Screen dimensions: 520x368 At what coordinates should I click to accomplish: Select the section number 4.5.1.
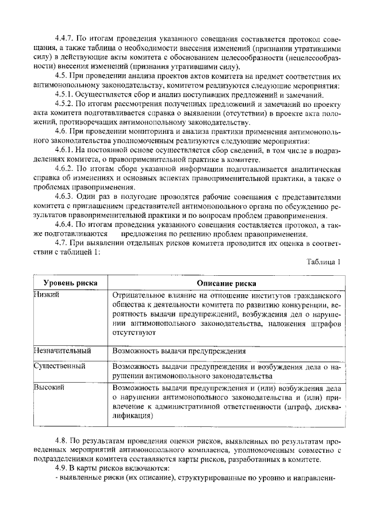point(59,95)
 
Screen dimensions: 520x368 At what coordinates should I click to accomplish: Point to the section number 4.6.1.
point(59,150)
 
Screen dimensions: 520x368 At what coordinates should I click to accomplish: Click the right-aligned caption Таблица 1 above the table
point(324,261)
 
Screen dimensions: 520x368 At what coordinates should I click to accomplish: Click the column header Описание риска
point(227,283)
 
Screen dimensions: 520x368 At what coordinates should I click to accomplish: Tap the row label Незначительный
point(62,350)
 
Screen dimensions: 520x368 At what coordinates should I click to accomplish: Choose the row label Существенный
point(60,365)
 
